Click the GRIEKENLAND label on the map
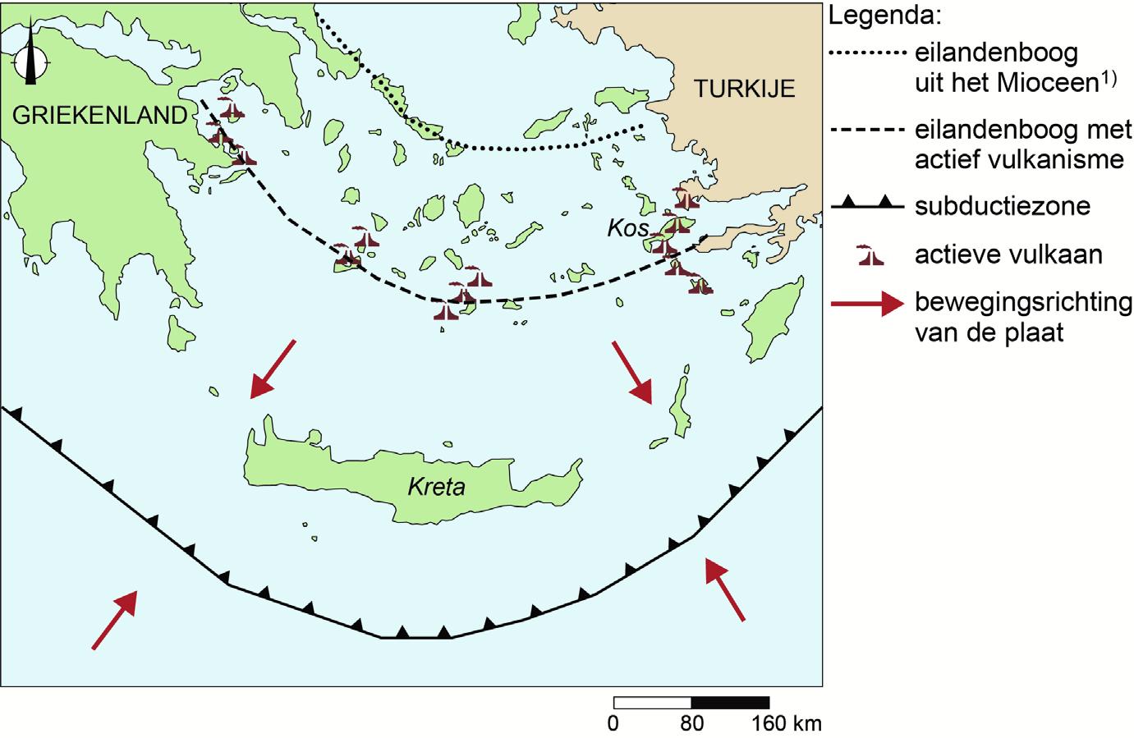click(x=100, y=116)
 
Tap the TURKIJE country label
click(x=745, y=89)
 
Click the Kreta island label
click(x=436, y=487)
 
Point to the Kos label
click(x=628, y=229)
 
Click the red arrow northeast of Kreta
click(x=631, y=373)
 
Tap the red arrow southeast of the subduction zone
click(x=726, y=589)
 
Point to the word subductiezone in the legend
click(x=1002, y=205)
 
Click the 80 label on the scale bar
click(x=692, y=724)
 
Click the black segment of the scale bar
click(x=730, y=703)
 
